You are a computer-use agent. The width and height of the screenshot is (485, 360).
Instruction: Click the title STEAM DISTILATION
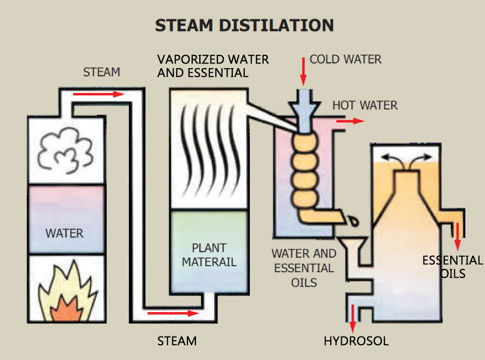pos(244,25)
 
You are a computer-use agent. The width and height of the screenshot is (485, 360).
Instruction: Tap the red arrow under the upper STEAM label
pos(99,94)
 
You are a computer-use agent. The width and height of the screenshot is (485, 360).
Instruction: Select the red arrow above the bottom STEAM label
pos(173,314)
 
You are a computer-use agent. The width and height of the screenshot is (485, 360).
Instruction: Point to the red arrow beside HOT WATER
pos(350,121)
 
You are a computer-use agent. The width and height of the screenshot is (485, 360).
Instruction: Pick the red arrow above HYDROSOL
pos(353,318)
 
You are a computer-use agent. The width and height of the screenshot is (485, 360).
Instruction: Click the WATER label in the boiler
pos(64,233)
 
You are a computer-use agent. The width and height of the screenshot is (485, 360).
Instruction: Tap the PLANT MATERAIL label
pos(209,255)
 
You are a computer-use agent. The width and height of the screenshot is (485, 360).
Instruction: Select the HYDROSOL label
pos(356,341)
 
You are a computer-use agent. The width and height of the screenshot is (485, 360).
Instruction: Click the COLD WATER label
pos(346,59)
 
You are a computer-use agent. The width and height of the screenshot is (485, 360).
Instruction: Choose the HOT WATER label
pos(365,105)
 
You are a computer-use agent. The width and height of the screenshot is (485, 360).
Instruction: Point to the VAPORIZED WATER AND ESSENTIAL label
pos(213,66)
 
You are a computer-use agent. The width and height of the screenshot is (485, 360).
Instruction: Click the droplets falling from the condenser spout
pos(353,220)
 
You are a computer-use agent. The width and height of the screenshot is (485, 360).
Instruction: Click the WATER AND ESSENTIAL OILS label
pos(304,267)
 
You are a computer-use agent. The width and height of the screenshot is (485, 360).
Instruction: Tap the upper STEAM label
pos(101,72)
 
